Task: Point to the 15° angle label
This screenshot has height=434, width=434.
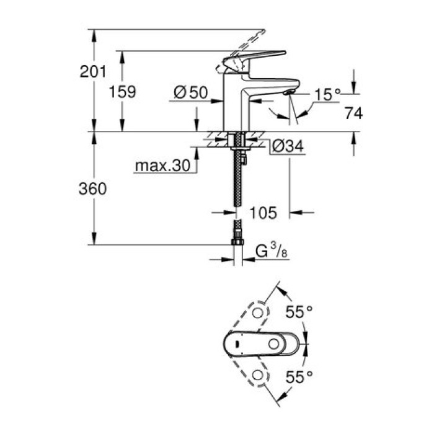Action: (327, 94)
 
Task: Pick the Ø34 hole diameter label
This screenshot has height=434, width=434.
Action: (287, 147)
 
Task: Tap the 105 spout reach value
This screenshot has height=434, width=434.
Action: (263, 213)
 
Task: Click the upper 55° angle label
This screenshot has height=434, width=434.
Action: (299, 312)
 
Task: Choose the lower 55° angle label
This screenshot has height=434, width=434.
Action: (299, 375)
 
